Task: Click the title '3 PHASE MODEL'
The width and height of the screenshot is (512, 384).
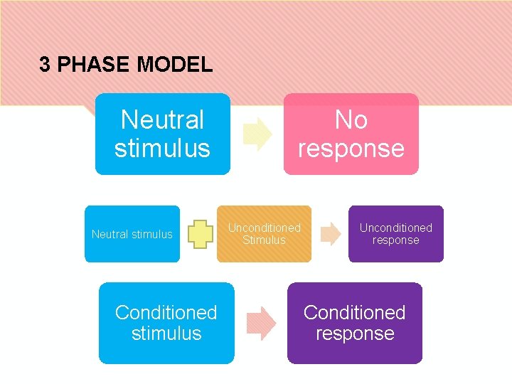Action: pos(126,65)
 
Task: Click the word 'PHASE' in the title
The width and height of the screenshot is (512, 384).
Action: pos(94,65)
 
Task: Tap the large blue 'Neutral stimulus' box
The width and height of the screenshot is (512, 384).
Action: pos(163,134)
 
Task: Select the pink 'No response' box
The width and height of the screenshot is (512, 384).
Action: pos(351,134)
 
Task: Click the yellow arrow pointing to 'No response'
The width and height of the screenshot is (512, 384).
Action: pos(257,134)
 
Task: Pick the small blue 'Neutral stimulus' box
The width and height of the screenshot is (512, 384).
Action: pos(132,234)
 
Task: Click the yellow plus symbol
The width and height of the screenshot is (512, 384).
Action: pos(201,234)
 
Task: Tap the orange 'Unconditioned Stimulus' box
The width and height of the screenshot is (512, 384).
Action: pos(264,234)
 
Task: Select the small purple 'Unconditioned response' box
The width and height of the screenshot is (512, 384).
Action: pos(395,234)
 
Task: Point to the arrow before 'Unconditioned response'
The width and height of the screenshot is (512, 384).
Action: pos(331,234)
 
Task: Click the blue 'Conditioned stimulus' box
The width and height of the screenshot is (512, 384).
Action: pos(166,323)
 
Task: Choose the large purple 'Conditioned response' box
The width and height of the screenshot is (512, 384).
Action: pos(354,323)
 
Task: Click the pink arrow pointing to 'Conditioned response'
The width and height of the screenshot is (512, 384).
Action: pos(260,322)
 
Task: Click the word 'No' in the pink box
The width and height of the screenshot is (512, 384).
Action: pos(351,120)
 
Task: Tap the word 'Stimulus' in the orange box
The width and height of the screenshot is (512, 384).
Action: pos(264,240)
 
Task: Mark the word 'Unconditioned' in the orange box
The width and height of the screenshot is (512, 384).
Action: pos(264,228)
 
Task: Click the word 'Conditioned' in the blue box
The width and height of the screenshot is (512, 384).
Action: pos(166,312)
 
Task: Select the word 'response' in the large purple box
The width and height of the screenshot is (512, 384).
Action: pos(354,334)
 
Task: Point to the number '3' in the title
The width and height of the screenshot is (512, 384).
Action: pos(45,65)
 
